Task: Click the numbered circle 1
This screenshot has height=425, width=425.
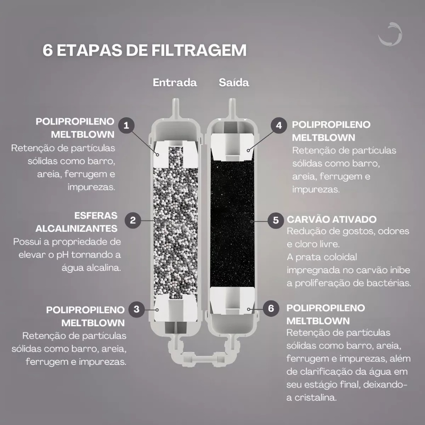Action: [126, 125]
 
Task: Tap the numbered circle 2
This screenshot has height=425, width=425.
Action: [133, 220]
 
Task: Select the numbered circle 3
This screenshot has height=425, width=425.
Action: [137, 309]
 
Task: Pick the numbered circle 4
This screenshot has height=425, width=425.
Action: [279, 125]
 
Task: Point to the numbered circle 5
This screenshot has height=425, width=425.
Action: [276, 220]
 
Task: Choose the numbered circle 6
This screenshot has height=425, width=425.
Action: [271, 308]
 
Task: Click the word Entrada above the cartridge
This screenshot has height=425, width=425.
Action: [175, 83]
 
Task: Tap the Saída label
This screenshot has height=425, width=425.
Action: [234, 83]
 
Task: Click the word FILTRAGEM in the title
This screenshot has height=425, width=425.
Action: [199, 50]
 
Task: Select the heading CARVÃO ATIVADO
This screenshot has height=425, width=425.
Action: [332, 219]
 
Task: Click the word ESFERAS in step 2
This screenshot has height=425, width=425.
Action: [96, 215]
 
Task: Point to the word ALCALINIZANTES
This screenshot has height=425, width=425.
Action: [76, 229]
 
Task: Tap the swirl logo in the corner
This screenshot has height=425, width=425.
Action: [391, 34]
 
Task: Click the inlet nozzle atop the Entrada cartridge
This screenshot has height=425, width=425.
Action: [175, 108]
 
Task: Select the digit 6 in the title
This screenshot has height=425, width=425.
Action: [48, 50]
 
